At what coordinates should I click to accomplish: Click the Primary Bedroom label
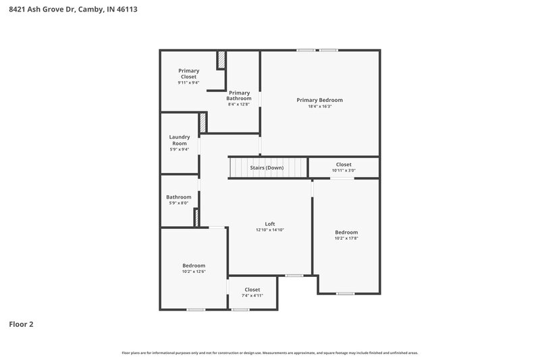319,100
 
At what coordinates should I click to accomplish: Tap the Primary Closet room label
188,74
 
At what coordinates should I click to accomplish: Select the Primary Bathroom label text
239,96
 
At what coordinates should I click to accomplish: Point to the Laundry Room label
179,140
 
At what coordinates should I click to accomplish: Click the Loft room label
269,224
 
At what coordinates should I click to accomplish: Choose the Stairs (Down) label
267,168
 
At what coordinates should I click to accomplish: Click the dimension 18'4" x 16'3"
319,106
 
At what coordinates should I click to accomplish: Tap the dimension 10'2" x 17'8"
346,238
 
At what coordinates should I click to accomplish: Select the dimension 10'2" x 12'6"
193,272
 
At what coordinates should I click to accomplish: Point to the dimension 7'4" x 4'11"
252,296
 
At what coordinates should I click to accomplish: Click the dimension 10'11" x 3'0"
344,170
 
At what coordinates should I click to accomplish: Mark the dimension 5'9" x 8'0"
178,203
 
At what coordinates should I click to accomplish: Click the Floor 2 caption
21,324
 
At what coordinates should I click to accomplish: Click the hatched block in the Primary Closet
221,60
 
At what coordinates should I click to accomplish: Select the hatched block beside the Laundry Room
202,122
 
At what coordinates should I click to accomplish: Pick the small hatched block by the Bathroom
196,217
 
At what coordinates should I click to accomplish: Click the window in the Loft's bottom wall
294,276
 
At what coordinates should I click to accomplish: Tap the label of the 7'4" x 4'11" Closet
252,290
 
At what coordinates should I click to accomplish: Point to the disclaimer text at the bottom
269,353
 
